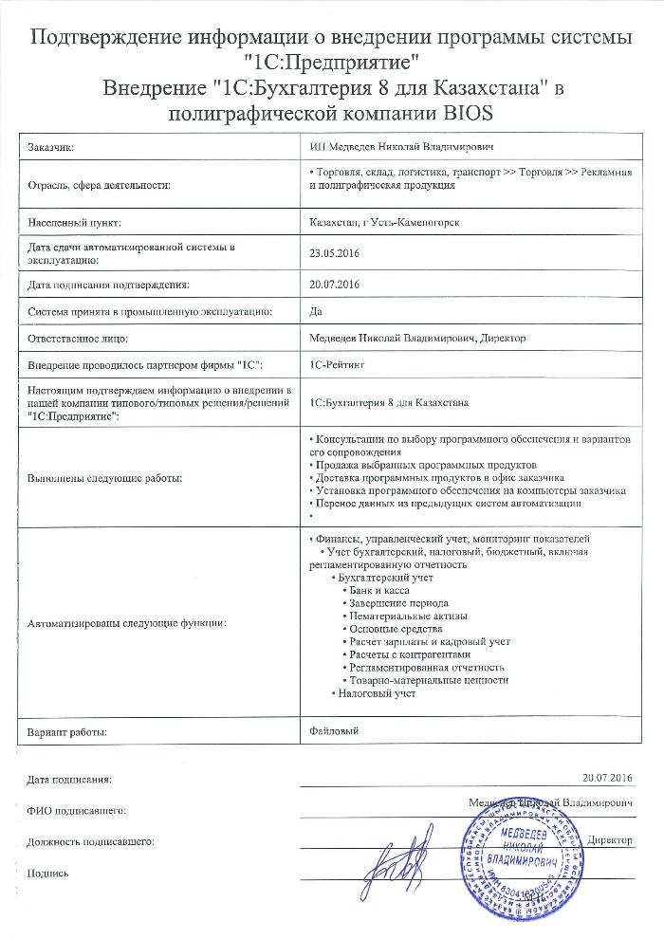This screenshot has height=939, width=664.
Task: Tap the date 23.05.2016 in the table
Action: coord(336,253)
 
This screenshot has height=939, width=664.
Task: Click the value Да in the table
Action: coord(317,310)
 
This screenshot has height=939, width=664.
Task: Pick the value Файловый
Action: coord(336,730)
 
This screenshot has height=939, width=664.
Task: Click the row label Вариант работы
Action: coord(67,732)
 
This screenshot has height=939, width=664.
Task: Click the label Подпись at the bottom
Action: coord(48,873)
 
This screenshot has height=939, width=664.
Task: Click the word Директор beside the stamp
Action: coord(610,839)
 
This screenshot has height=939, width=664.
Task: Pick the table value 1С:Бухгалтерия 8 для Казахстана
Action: coord(389,403)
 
